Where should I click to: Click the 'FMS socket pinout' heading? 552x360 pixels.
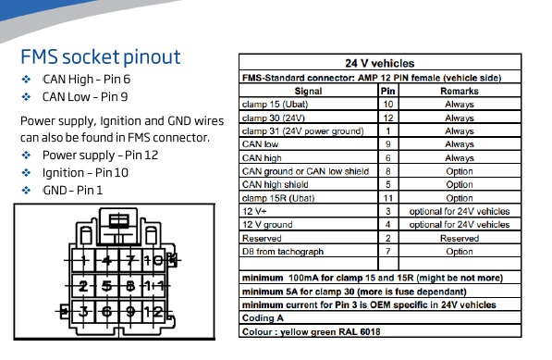pos(101,57)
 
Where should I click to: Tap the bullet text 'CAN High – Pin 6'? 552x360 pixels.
pos(87,80)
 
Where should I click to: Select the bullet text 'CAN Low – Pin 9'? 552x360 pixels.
pos(85,97)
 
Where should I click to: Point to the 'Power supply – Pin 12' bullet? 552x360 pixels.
pos(101,155)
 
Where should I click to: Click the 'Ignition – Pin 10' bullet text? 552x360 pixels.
pos(85,173)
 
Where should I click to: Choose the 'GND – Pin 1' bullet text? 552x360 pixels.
pos(72,191)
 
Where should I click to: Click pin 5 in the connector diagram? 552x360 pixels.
pos(106,286)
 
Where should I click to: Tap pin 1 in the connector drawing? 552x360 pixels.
pos(83,261)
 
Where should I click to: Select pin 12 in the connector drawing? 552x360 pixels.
pos(153,311)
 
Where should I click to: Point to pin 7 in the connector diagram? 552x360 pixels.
pos(130,261)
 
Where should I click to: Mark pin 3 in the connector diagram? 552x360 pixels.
pos(83,311)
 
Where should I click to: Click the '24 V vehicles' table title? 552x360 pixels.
pos(380,64)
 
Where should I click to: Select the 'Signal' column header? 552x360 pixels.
pos(309,92)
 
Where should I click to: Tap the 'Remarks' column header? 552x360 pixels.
pos(460,92)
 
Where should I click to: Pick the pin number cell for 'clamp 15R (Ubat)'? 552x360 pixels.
pos(388,198)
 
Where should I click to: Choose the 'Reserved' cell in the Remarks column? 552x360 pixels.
pos(460,239)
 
